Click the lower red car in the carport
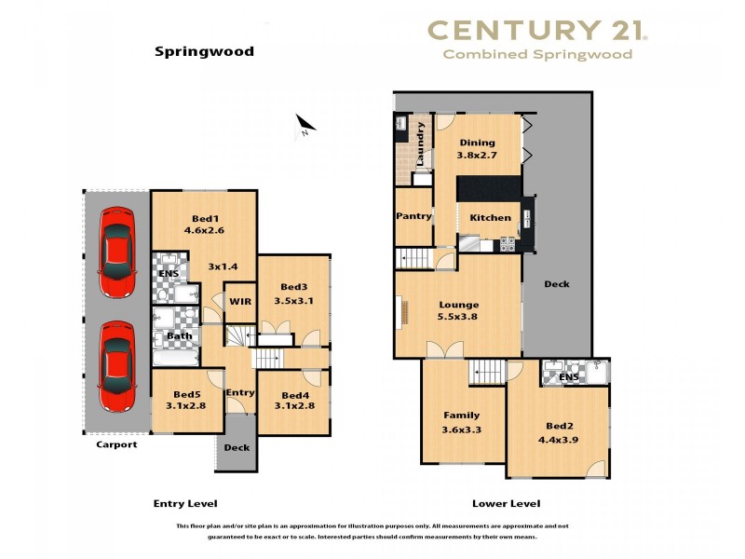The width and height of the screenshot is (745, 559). (x=118, y=366)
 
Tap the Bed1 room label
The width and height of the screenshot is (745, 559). (x=201, y=216)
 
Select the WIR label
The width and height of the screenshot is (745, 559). (x=239, y=302)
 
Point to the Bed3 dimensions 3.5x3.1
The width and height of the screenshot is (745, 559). (x=292, y=302)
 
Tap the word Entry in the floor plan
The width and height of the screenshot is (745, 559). (x=239, y=393)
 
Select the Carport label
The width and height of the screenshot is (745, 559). (x=116, y=445)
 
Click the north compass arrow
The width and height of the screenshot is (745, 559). (x=305, y=125)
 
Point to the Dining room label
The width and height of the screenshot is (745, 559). (x=476, y=143)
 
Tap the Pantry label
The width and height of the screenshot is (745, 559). (x=413, y=216)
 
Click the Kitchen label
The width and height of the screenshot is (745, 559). (x=490, y=217)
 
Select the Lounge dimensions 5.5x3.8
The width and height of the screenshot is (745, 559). (x=458, y=318)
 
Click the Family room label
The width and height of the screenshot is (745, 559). (x=461, y=416)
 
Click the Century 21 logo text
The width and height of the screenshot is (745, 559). (x=537, y=31)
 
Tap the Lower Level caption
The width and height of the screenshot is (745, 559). (x=506, y=504)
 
